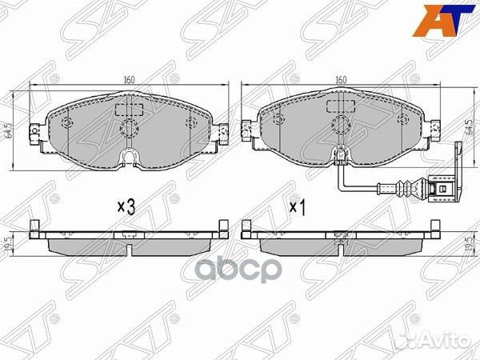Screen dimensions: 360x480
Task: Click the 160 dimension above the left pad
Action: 128,80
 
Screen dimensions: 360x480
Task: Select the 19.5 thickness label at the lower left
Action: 9,240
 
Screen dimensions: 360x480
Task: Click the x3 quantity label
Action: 126,206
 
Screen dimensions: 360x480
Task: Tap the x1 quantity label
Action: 298,206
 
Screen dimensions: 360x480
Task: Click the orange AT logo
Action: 449,20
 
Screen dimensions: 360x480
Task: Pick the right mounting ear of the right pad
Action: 437,128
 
